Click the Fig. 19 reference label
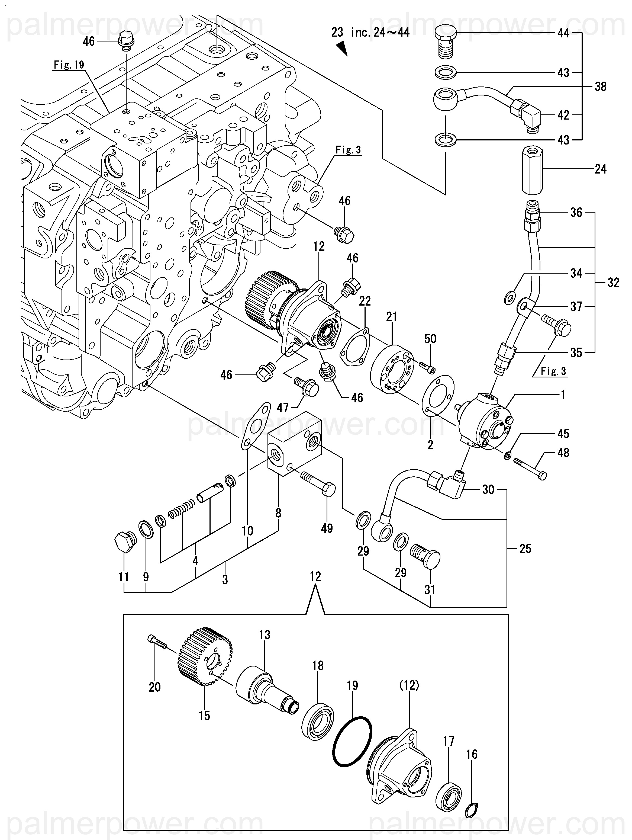(69, 65)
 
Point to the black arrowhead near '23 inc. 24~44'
(342, 49)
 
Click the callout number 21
(391, 316)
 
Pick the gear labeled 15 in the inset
(205, 661)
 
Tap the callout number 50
(430, 339)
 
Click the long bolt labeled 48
(530, 468)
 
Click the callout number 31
(429, 590)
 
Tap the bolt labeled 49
(319, 483)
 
